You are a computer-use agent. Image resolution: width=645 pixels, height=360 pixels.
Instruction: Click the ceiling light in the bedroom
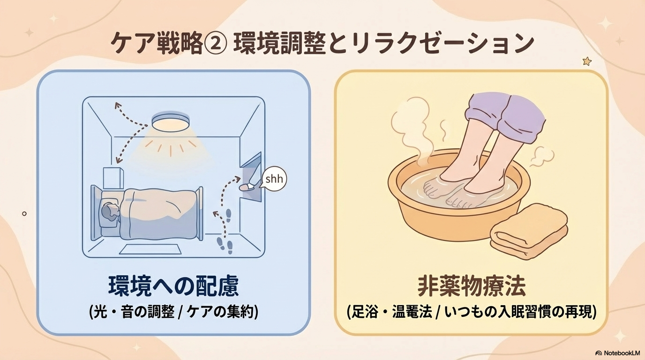[x=171, y=122]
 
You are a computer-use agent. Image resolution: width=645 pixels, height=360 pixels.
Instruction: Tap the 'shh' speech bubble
[x=274, y=179]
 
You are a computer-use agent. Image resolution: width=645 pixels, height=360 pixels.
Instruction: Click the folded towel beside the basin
[x=529, y=231]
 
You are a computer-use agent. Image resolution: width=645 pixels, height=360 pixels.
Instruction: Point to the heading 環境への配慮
[x=173, y=286]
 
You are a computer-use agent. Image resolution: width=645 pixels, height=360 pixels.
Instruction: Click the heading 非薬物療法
[x=472, y=286]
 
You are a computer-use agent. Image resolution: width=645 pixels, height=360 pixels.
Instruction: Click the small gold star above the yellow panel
[x=587, y=61]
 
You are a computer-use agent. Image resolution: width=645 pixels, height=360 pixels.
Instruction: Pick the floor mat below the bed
[x=150, y=249]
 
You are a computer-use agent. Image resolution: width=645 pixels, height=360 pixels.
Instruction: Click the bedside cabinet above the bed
[x=113, y=178]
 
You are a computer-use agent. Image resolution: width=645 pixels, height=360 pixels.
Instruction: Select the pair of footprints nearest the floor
[x=225, y=246]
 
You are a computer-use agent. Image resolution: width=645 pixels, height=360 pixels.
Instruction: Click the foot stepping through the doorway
[x=247, y=187]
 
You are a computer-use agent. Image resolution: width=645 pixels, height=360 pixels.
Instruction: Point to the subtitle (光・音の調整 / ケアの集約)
[x=173, y=312]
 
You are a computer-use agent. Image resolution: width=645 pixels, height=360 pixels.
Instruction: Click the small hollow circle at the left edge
[x=24, y=214]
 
